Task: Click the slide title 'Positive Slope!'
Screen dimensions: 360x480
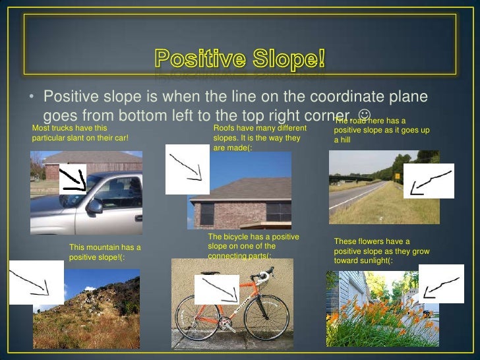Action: tap(240, 59)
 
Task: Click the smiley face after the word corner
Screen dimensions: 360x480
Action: tap(362, 115)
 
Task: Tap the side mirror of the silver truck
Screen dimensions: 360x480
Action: tap(94, 206)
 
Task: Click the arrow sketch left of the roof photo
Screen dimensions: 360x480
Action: tap(186, 169)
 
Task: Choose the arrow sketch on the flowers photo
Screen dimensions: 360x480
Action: tap(440, 284)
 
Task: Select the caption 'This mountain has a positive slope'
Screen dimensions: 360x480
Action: tap(105, 252)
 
